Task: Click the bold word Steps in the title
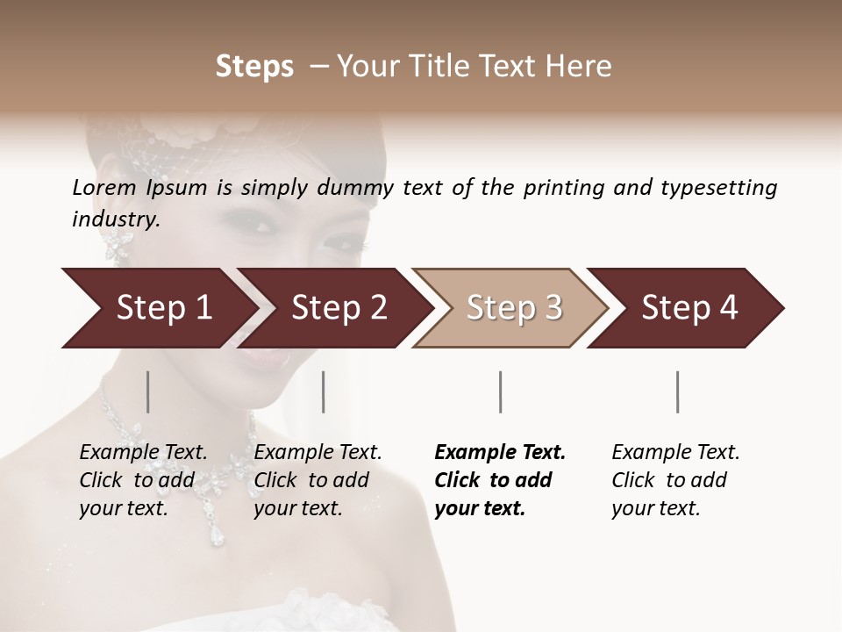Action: [254, 67]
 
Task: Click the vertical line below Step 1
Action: [148, 391]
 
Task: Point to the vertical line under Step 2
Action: [324, 391]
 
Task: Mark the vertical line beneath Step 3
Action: [501, 391]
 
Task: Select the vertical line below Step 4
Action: [678, 391]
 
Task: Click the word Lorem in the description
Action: [104, 188]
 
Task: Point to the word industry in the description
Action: [116, 219]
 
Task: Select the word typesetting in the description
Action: [718, 188]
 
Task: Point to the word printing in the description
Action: [563, 188]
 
